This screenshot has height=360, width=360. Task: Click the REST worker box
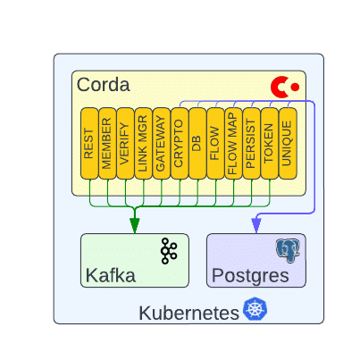(x=89, y=143)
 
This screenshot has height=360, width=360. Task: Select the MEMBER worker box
(x=107, y=143)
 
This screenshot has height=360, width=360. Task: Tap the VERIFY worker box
(x=125, y=143)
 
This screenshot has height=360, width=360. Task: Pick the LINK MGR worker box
(x=143, y=143)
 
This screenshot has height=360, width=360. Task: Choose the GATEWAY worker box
(x=162, y=143)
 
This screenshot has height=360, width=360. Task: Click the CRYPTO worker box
(x=180, y=143)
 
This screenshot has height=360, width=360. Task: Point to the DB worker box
(x=197, y=143)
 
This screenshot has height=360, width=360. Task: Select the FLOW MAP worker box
(x=233, y=143)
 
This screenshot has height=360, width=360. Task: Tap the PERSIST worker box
(x=252, y=143)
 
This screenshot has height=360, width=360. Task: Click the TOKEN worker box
(x=270, y=143)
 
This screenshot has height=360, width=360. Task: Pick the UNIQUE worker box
(x=288, y=143)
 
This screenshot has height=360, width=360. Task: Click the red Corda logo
(x=285, y=87)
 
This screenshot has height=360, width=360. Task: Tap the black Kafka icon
(x=169, y=251)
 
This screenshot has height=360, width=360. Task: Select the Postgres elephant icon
(x=288, y=250)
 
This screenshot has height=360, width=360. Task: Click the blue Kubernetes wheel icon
(x=255, y=309)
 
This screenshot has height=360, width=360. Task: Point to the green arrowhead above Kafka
(x=135, y=225)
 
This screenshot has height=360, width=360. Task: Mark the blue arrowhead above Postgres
(x=256, y=225)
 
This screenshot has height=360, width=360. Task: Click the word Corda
(x=104, y=85)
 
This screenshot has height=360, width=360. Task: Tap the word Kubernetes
(x=189, y=314)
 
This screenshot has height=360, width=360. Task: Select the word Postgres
(x=250, y=276)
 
